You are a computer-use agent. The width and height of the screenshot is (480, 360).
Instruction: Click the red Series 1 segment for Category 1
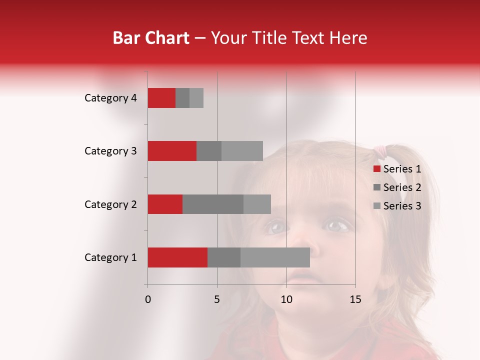pyautogui.click(x=177, y=257)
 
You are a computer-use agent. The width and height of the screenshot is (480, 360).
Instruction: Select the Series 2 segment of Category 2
pyautogui.click(x=213, y=204)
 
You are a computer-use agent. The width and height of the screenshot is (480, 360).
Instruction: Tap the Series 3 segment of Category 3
pyautogui.click(x=242, y=151)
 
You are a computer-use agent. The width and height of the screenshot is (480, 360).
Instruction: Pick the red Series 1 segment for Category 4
pyautogui.click(x=161, y=98)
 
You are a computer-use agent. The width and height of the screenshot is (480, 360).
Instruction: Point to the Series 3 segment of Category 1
pyautogui.click(x=275, y=257)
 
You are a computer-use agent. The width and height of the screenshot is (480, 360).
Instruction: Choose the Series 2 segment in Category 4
pyautogui.click(x=182, y=98)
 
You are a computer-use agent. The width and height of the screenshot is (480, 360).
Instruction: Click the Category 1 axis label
pyautogui.click(x=110, y=257)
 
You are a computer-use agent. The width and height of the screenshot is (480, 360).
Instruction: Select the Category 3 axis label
pyautogui.click(x=110, y=151)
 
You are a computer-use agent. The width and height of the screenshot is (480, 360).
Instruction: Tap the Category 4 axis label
pyautogui.click(x=110, y=98)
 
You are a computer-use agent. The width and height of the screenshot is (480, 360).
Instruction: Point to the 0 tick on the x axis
pyautogui.click(x=147, y=299)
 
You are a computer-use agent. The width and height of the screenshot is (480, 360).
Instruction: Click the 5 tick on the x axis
pyautogui.click(x=217, y=299)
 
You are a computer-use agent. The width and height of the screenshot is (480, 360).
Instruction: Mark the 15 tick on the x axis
pyautogui.click(x=355, y=299)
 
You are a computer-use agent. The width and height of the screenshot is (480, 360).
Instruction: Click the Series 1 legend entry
pyautogui.click(x=397, y=169)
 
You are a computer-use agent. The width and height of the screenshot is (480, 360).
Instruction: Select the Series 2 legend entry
pyautogui.click(x=397, y=187)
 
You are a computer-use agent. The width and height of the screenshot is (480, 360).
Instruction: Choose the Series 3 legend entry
pyautogui.click(x=397, y=206)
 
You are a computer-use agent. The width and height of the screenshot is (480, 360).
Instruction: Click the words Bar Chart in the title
pyautogui.click(x=151, y=38)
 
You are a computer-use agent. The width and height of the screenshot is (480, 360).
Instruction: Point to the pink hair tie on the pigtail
pyautogui.click(x=381, y=150)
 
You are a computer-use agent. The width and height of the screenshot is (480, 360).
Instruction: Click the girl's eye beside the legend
pyautogui.click(x=337, y=226)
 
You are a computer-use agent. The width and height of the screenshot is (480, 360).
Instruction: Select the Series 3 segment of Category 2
pyautogui.click(x=257, y=204)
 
